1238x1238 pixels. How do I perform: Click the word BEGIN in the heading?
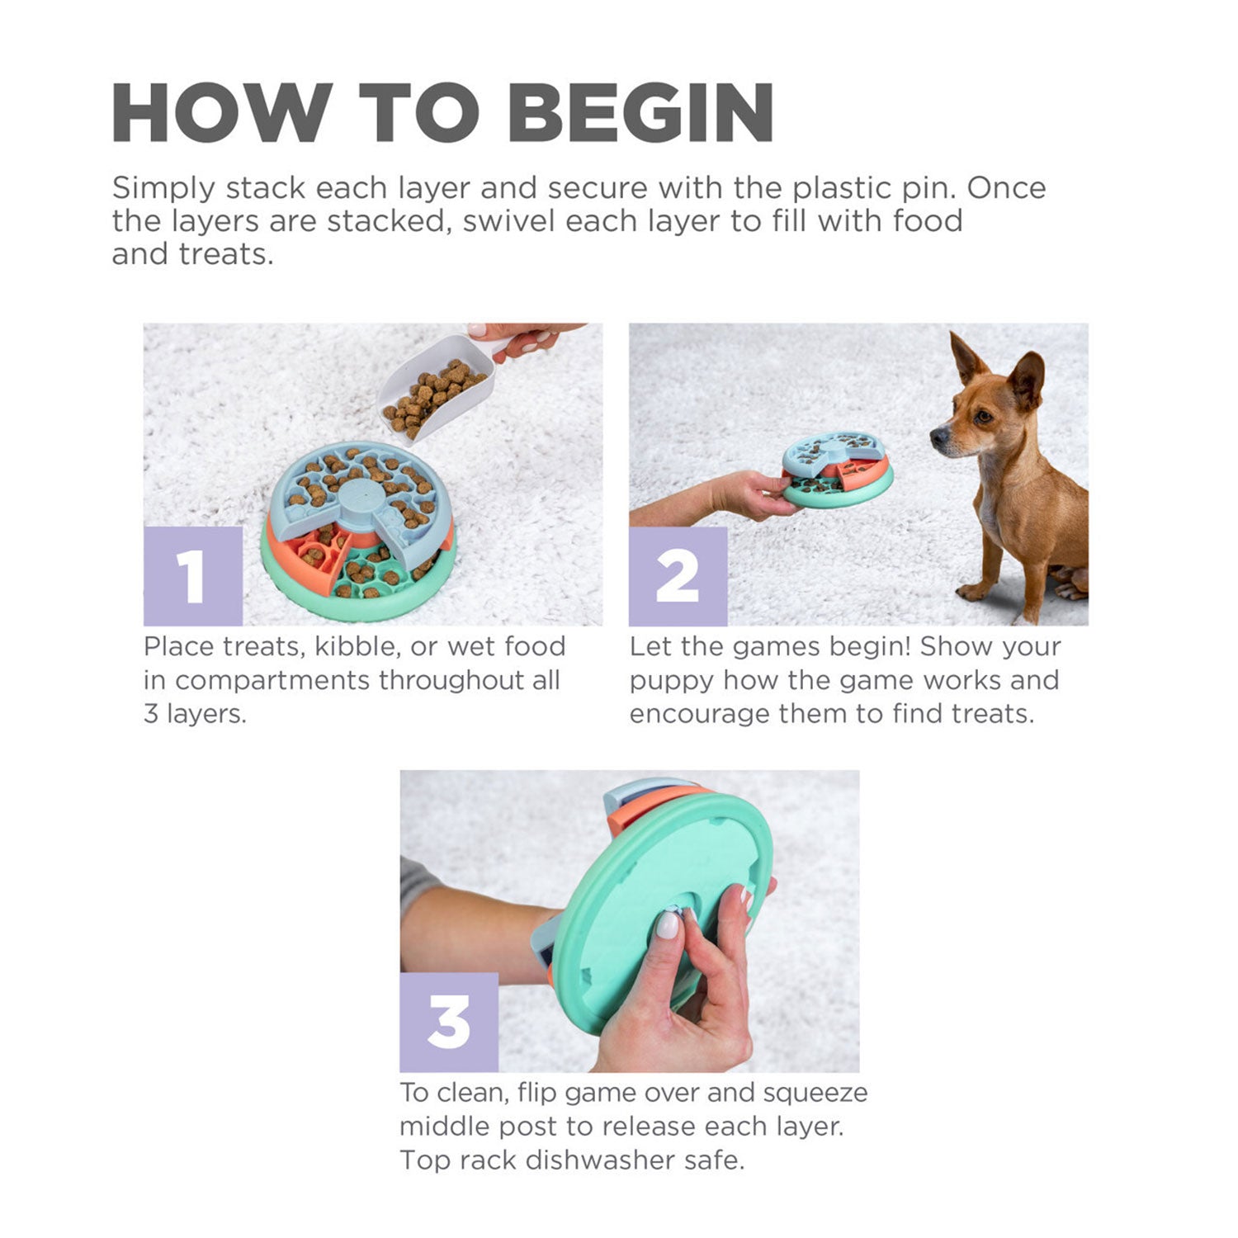click(641, 112)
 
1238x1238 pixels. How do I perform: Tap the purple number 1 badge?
click(192, 575)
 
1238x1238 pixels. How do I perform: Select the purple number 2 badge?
click(678, 575)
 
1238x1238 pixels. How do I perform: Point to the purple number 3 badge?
click(449, 1022)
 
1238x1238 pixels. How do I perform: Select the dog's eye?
click(981, 417)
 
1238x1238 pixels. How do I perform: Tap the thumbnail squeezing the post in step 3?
click(667, 924)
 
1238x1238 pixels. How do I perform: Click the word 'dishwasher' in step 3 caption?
click(601, 1160)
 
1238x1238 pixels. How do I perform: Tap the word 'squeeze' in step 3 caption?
click(815, 1093)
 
